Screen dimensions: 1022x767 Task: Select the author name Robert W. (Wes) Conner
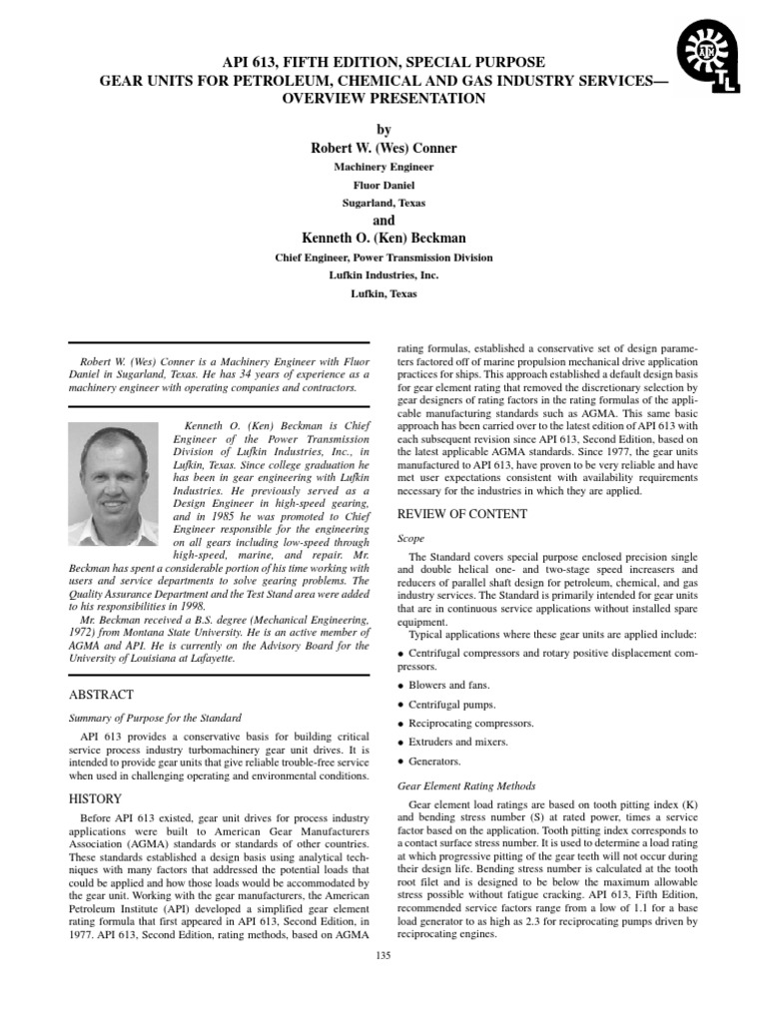tap(383, 149)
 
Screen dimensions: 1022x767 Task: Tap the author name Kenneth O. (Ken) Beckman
tap(383, 238)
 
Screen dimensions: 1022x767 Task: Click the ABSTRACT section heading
tap(101, 695)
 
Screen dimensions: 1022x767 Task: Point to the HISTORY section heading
tap(95, 798)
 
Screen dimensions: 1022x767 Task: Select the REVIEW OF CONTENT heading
tap(462, 514)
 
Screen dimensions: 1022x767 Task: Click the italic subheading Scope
tap(410, 538)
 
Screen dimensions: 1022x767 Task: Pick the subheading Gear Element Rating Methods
tap(466, 785)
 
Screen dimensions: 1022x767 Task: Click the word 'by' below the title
tap(383, 130)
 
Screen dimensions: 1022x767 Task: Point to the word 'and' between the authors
tap(383, 220)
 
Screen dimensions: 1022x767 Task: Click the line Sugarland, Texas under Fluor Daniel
tap(383, 202)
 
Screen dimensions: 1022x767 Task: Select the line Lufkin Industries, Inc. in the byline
tap(383, 275)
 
